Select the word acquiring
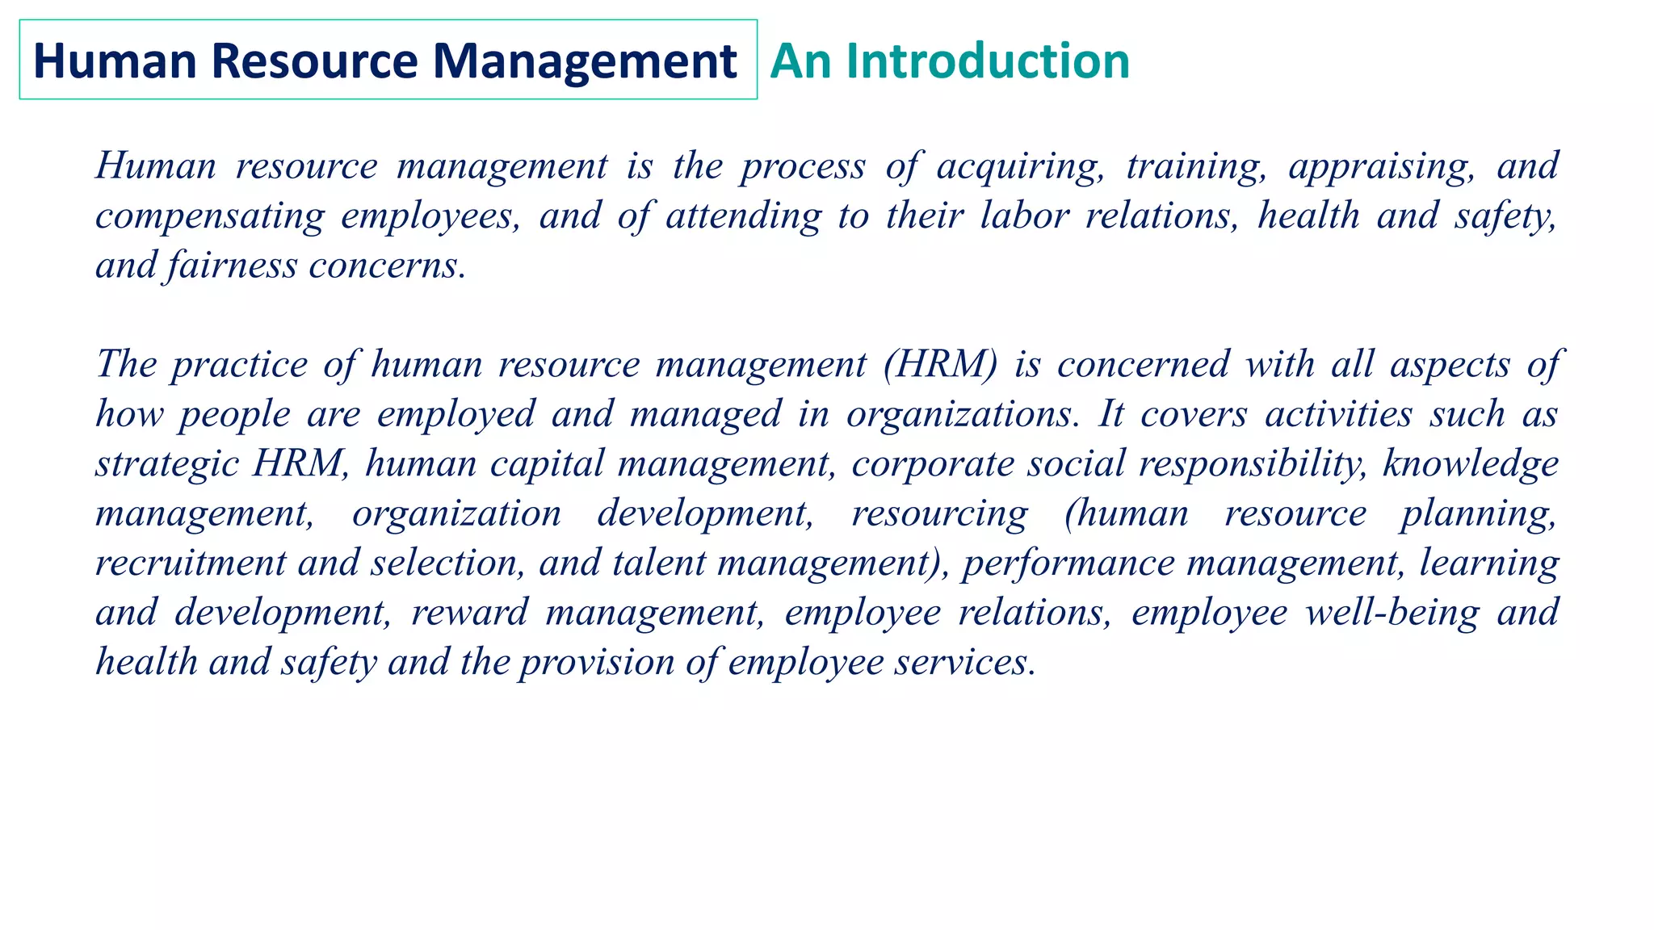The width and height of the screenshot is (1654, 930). coord(1020,166)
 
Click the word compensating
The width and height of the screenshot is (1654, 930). coord(210,216)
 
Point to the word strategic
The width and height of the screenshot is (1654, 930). coord(166,464)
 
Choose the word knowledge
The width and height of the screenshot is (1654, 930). coord(1470,464)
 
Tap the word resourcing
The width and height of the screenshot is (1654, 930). coord(940,514)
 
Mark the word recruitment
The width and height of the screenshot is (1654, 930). coord(191,563)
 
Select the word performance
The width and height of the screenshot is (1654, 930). coord(1068,563)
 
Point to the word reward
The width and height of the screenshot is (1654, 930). coord(469,613)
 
